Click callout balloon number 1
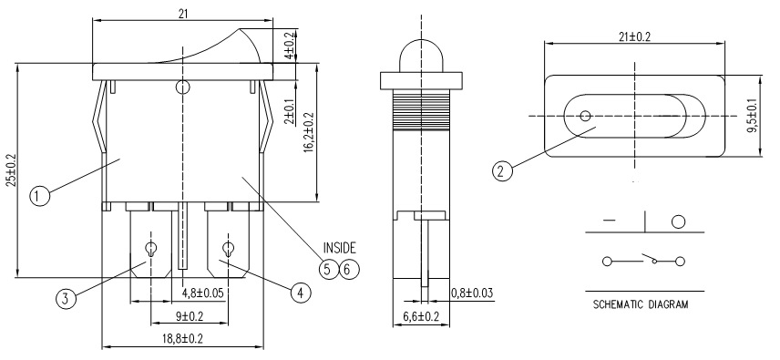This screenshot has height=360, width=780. pyautogui.click(x=40, y=196)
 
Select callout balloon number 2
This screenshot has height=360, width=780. pyautogui.click(x=502, y=171)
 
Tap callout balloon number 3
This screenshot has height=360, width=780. pyautogui.click(x=67, y=299)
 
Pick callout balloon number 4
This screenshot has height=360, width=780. pyautogui.click(x=300, y=293)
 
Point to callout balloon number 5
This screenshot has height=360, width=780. pyautogui.click(x=328, y=269)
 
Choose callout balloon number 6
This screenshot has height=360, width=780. pyautogui.click(x=349, y=269)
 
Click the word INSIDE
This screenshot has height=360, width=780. pyautogui.click(x=340, y=248)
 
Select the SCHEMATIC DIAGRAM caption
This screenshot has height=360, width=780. pyautogui.click(x=641, y=304)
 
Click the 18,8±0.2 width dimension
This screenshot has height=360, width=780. pyautogui.click(x=183, y=339)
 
